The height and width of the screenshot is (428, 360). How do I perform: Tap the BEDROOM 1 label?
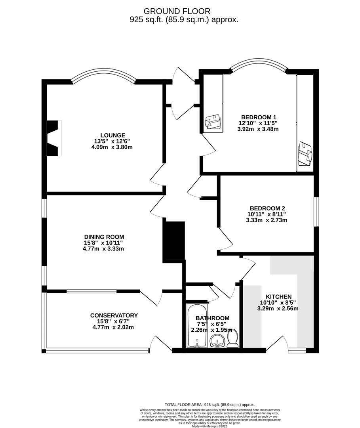point(259,117)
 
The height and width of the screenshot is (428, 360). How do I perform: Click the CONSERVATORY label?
point(114,315)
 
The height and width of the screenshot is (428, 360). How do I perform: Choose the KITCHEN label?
point(278,297)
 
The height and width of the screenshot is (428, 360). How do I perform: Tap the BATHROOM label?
point(212,318)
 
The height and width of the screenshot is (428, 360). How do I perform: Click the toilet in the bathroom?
point(233,338)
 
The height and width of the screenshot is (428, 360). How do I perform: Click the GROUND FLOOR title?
point(183,11)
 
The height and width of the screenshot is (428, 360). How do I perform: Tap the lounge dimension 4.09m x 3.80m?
point(112,147)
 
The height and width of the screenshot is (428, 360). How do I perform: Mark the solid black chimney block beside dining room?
point(174,242)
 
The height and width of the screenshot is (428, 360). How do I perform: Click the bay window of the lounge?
point(103,75)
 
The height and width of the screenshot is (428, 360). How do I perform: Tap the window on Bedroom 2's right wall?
point(316,212)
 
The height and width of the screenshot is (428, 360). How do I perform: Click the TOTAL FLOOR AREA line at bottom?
point(210,405)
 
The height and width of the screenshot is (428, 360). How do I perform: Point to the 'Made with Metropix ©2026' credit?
point(210,426)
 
